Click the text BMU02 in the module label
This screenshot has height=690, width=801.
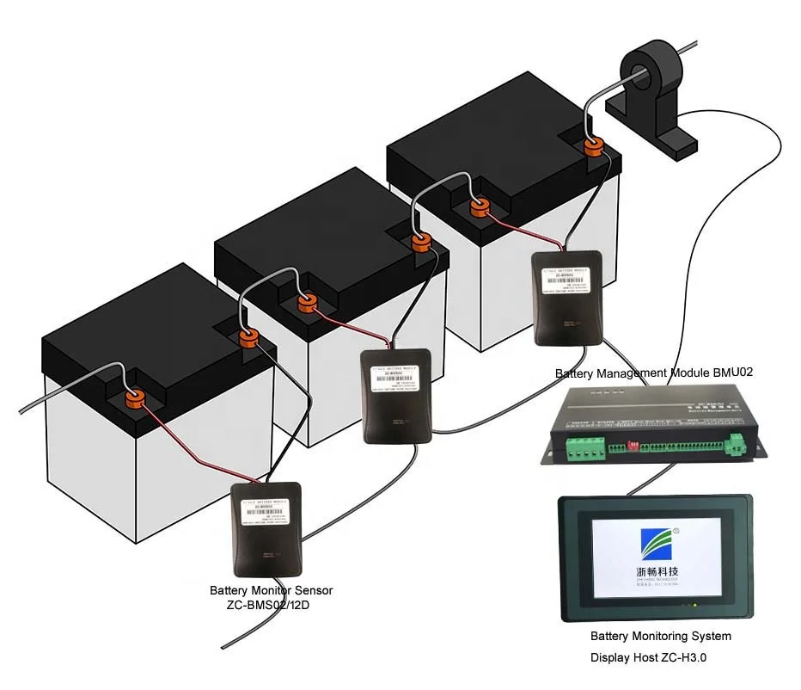coord(731,373)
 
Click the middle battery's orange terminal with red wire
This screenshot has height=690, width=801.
coord(307,303)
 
